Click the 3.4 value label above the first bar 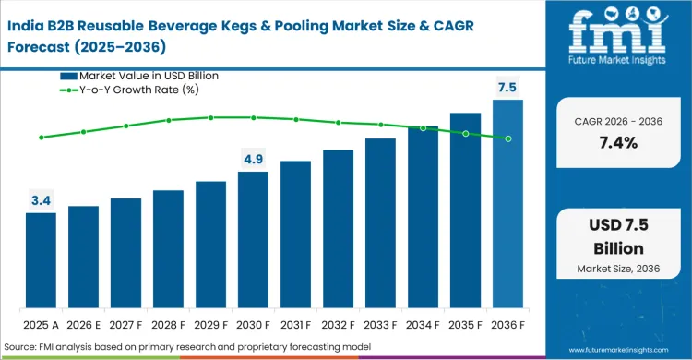pyautogui.click(x=41, y=198)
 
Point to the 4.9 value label pyautogui.click(x=253, y=159)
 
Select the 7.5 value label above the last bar pyautogui.click(x=507, y=87)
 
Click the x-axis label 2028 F pyautogui.click(x=168, y=324)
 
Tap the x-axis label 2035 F pyautogui.click(x=465, y=324)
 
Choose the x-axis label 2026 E pyautogui.click(x=83, y=324)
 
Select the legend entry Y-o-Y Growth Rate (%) pyautogui.click(x=138, y=90)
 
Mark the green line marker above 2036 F pyautogui.click(x=507, y=138)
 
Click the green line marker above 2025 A pyautogui.click(x=41, y=138)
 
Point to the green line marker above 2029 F pyautogui.click(x=210, y=117)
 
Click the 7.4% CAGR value pyautogui.click(x=613, y=143)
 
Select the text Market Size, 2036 pyautogui.click(x=613, y=268)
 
